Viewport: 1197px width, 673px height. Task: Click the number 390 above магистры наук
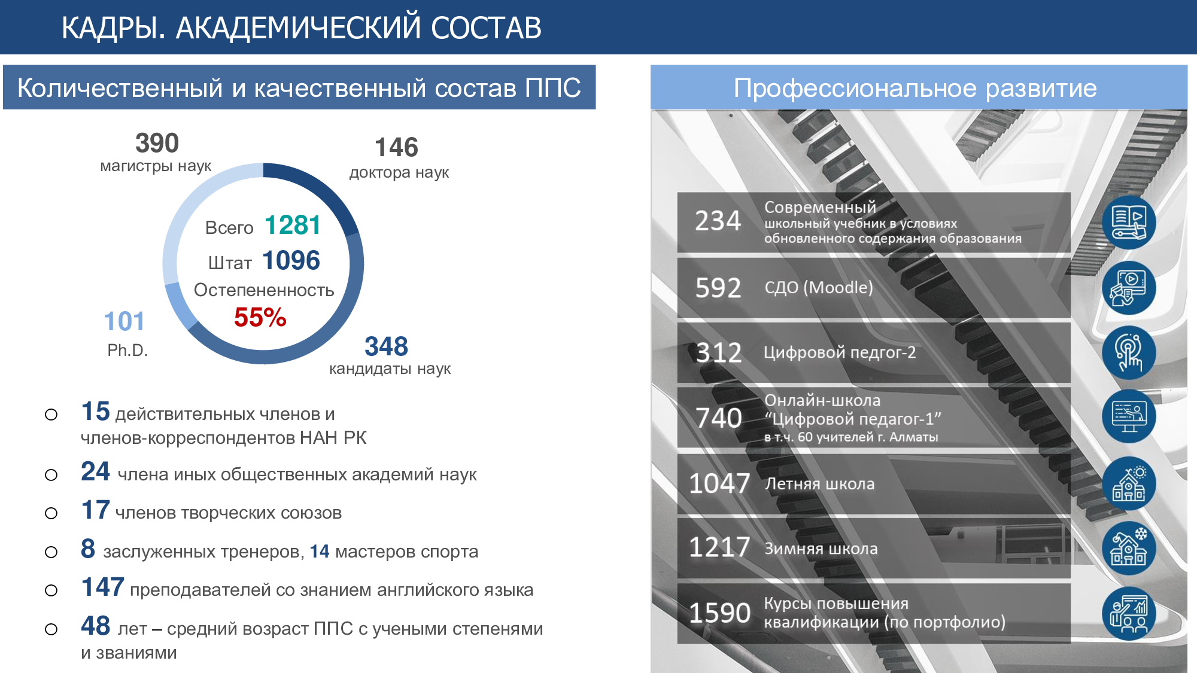coord(157,144)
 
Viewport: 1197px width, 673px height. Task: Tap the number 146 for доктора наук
coord(396,147)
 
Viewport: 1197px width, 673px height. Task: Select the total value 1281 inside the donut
coord(293,226)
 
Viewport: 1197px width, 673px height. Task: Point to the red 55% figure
coord(260,317)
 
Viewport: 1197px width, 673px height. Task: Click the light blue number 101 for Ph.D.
coord(124,321)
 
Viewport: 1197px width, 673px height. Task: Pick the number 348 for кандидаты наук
coord(386,346)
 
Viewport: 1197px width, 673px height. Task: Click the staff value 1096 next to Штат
coord(291,260)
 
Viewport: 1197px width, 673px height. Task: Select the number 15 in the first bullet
coord(95,412)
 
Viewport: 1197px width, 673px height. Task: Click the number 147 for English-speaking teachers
coord(103,587)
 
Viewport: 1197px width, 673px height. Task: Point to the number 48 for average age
coord(96,626)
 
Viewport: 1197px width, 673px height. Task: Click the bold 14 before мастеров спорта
coord(320,551)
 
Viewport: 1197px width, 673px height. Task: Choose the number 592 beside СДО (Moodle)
coord(718,288)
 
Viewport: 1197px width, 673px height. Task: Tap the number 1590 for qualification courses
coord(719,613)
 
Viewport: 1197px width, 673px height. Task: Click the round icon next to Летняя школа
coord(1129,483)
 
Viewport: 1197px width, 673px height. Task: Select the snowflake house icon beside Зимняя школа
coord(1129,548)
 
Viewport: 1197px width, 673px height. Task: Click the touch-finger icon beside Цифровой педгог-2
coord(1129,352)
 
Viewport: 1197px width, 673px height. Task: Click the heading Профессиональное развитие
coord(915,88)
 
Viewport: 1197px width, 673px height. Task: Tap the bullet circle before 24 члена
coord(51,475)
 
